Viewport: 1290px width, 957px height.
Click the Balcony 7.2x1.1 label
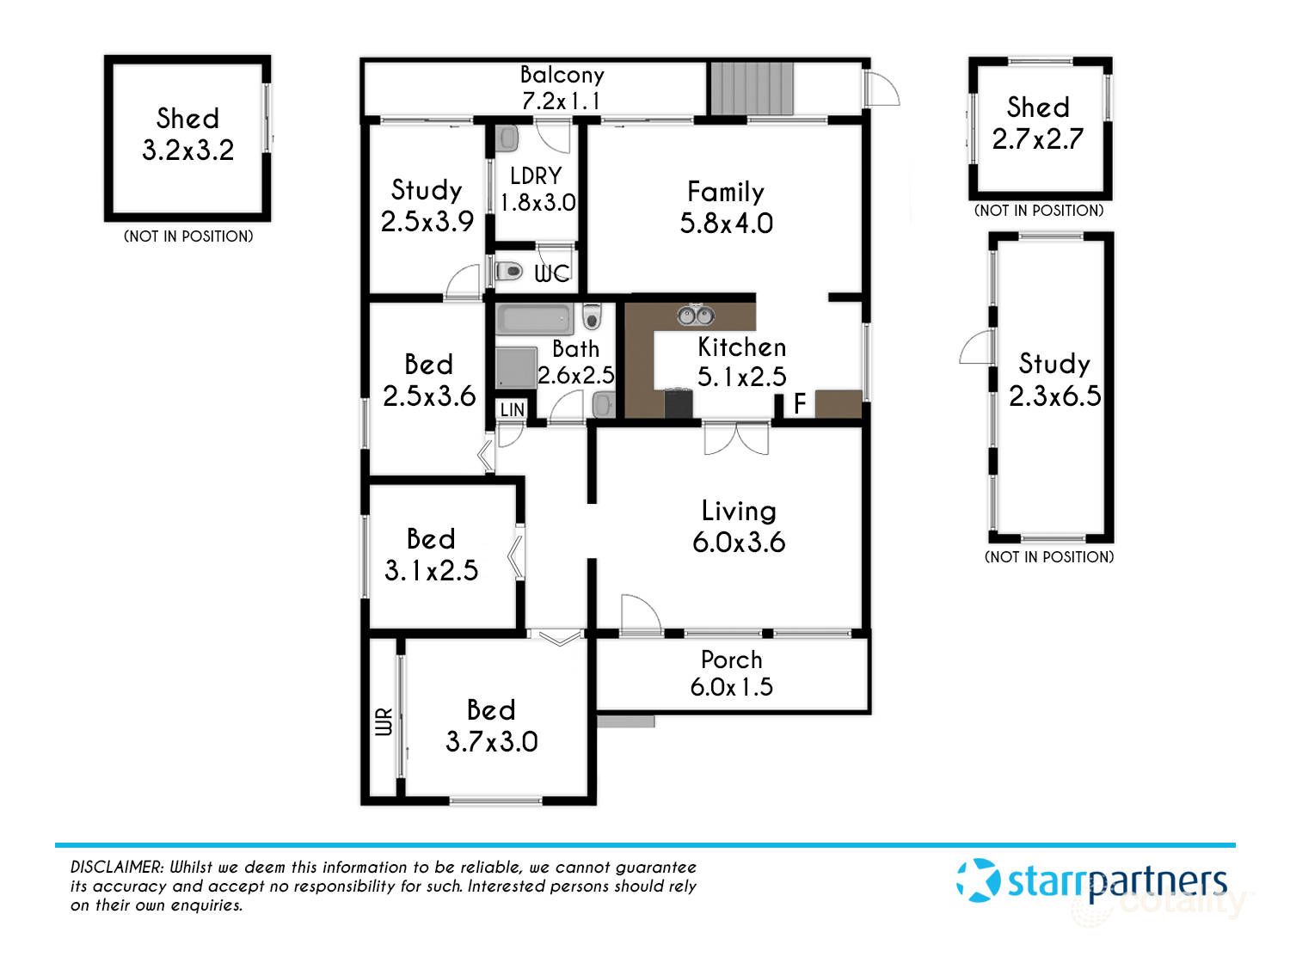(562, 88)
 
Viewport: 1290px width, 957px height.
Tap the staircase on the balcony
(751, 88)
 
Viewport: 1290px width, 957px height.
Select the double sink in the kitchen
(695, 316)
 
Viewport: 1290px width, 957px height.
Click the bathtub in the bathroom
(534, 320)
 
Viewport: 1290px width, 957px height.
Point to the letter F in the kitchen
(800, 403)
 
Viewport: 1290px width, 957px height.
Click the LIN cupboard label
(513, 410)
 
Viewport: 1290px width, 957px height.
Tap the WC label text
(551, 273)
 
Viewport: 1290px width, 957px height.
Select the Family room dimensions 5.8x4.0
(726, 224)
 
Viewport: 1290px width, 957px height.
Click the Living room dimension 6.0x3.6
(739, 542)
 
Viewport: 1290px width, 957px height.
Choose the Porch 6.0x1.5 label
(731, 673)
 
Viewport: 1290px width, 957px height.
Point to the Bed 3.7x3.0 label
(491, 726)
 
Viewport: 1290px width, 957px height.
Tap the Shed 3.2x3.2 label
(187, 134)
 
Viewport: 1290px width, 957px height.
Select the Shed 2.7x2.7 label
(1038, 123)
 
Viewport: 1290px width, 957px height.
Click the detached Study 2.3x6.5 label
(1054, 379)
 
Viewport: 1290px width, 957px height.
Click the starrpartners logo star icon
(979, 880)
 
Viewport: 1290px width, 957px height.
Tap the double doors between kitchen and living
(736, 439)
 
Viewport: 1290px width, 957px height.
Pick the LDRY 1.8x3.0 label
(537, 189)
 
